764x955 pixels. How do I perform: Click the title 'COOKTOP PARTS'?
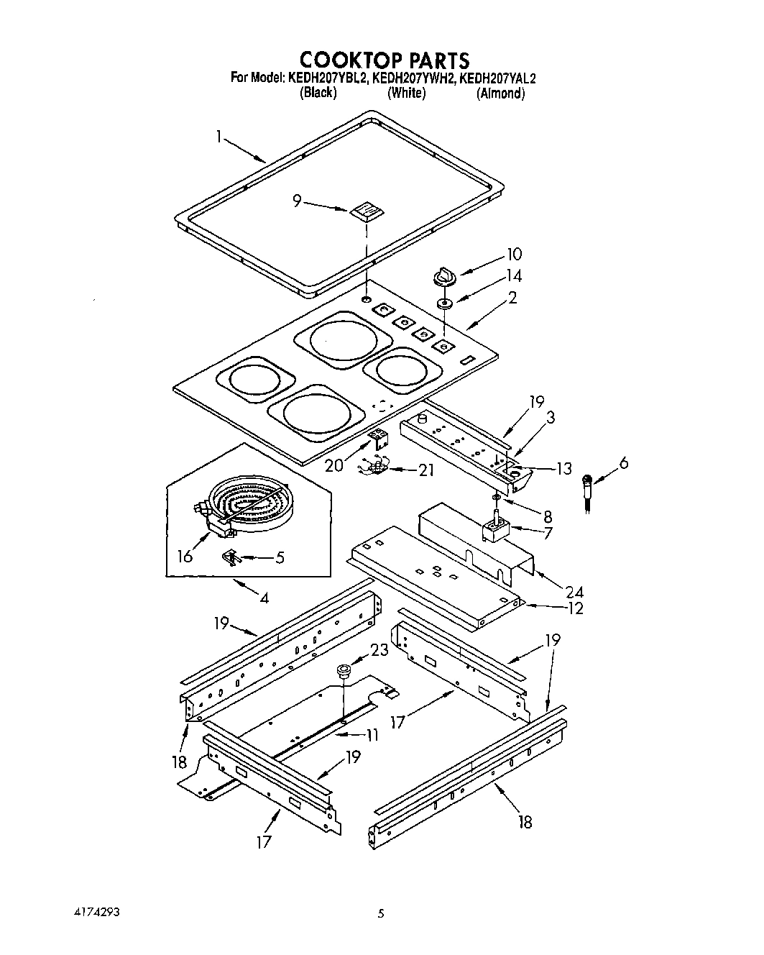pyautogui.click(x=384, y=59)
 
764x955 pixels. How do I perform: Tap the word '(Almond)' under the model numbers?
pyautogui.click(x=500, y=93)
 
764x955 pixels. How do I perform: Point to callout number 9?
pyautogui.click(x=296, y=201)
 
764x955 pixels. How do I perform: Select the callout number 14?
pyautogui.click(x=513, y=275)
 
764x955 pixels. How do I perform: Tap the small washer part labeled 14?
pyautogui.click(x=445, y=303)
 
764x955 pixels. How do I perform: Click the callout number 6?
pyautogui.click(x=622, y=463)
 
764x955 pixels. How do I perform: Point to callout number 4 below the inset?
pyautogui.click(x=264, y=597)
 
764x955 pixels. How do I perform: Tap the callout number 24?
pyautogui.click(x=574, y=592)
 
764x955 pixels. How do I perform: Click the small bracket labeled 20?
pyautogui.click(x=378, y=438)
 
